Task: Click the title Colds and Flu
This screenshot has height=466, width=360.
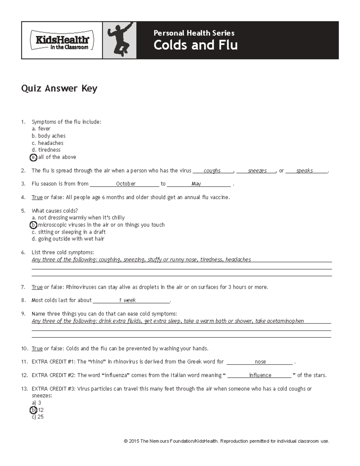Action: point(196,45)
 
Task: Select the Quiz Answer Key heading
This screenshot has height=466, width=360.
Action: point(59,89)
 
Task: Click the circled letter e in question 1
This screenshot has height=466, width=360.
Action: point(34,157)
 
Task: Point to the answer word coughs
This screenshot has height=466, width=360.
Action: point(212,171)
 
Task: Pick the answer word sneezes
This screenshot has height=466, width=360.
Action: point(257,171)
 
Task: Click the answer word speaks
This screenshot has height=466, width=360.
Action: point(304,171)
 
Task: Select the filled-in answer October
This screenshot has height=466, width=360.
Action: point(126,184)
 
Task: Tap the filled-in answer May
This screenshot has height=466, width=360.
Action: point(196,184)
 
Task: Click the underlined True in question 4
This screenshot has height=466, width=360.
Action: point(37,197)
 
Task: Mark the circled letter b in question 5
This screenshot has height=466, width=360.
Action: point(34,225)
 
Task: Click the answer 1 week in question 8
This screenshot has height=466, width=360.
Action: point(127,300)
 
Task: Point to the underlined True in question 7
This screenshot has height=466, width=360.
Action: point(37,287)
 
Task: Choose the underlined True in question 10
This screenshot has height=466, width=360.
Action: point(37,349)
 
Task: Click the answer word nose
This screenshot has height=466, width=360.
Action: point(260,362)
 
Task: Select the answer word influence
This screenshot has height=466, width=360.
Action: point(260,375)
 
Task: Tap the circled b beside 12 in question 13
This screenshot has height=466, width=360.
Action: point(34,410)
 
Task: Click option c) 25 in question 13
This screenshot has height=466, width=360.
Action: point(38,417)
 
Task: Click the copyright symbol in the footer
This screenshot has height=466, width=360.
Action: point(125,441)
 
